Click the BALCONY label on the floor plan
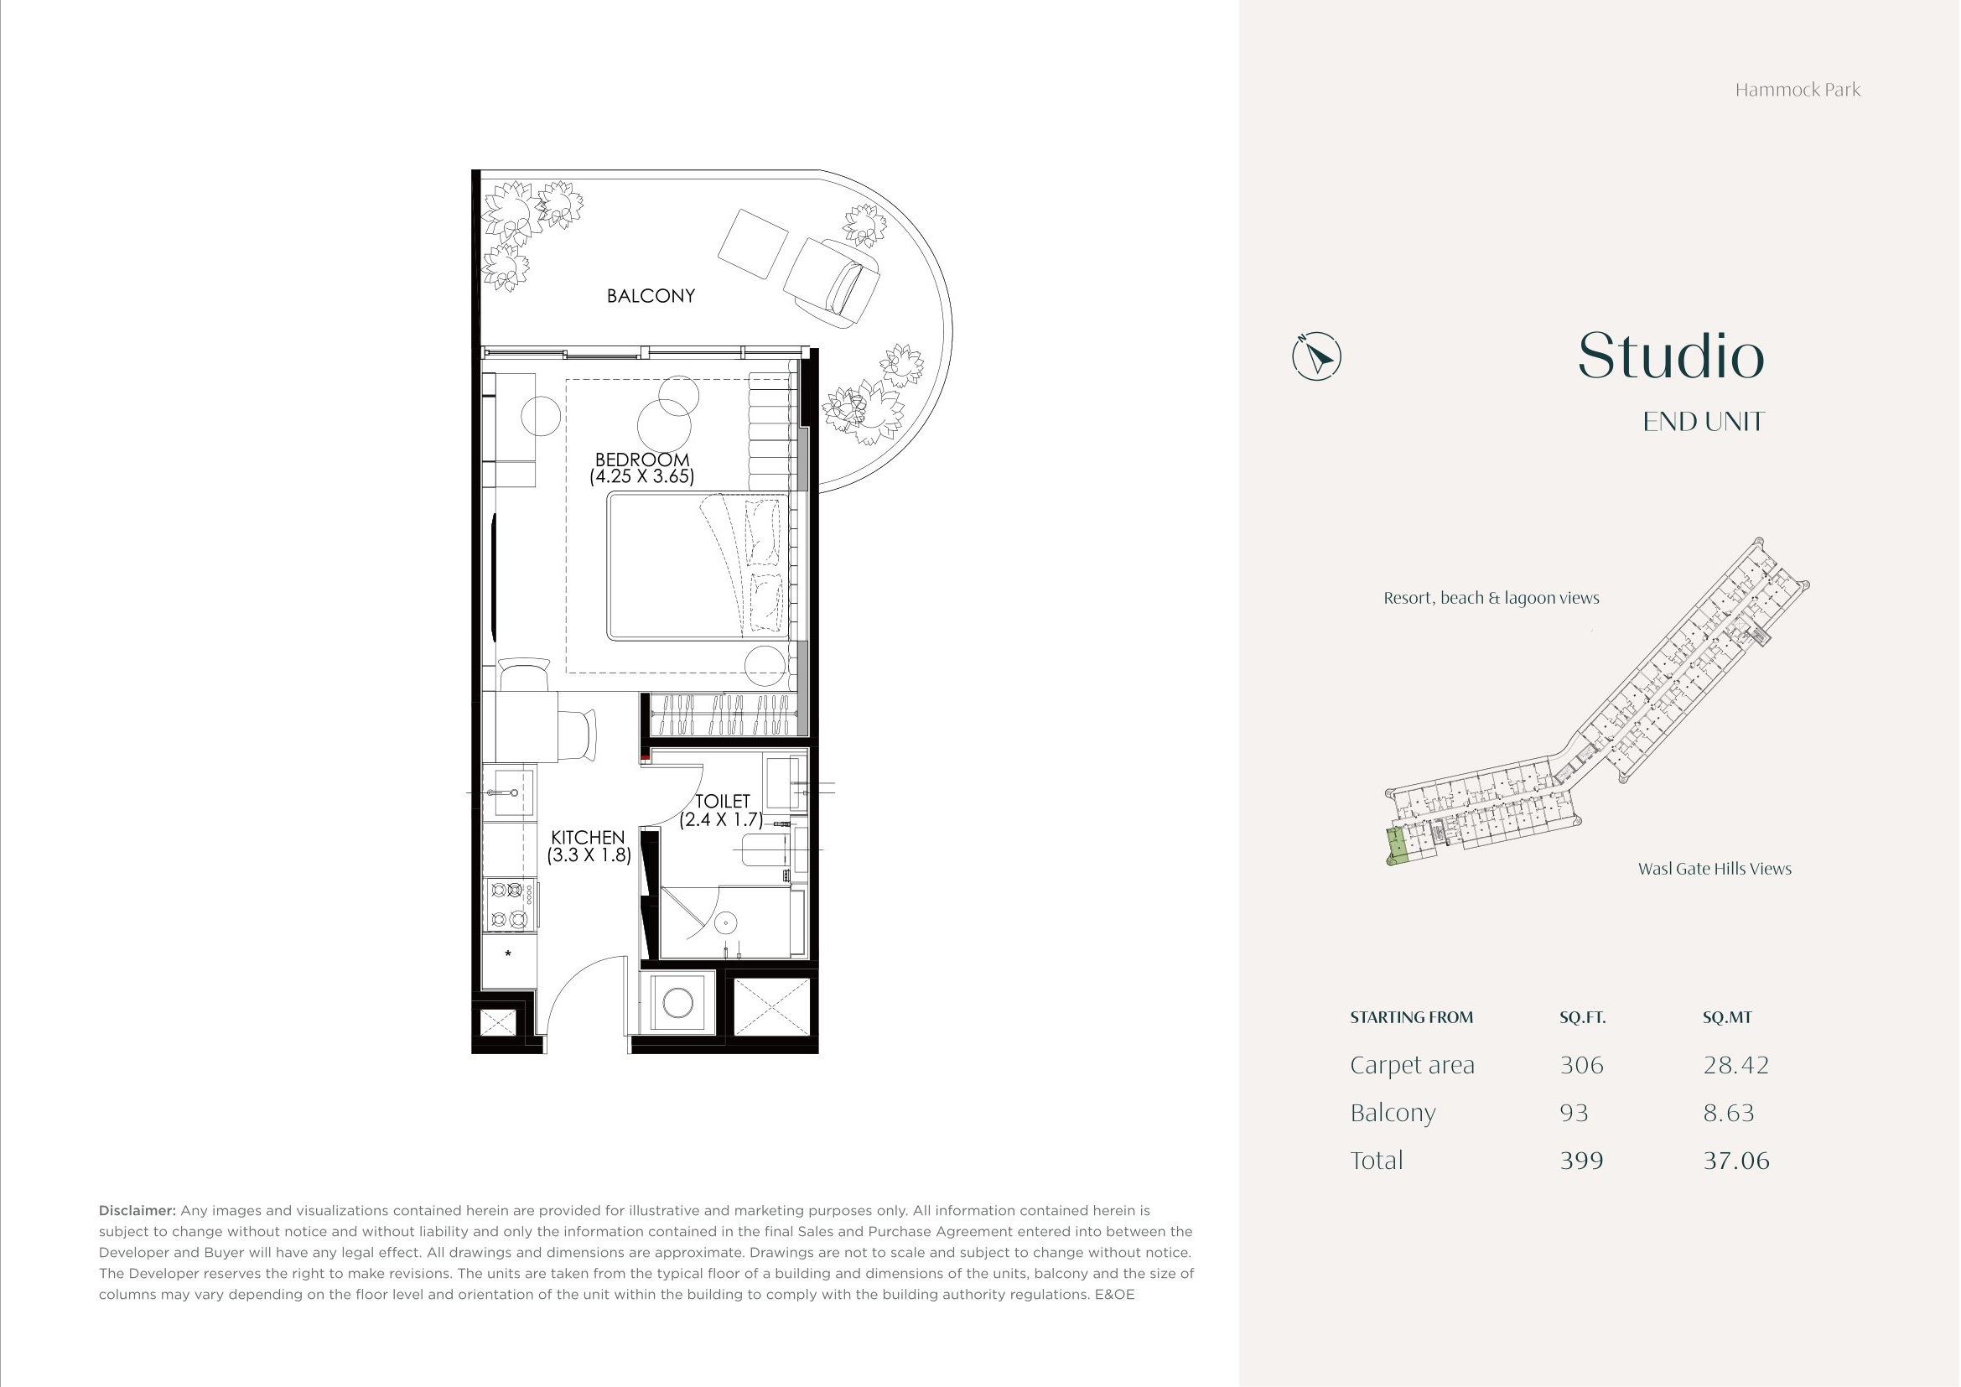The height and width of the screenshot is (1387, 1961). [651, 295]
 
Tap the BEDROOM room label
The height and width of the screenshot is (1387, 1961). [642, 460]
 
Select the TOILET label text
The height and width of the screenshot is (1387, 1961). [723, 801]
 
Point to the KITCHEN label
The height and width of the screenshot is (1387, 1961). [588, 838]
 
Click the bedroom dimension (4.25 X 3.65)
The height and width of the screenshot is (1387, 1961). [642, 476]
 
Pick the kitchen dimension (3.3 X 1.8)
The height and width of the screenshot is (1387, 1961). [589, 855]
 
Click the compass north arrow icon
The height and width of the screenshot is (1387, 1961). [1317, 356]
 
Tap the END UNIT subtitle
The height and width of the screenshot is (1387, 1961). [1704, 422]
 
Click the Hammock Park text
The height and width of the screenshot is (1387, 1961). [1798, 90]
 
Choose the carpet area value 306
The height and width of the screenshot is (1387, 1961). [1582, 1065]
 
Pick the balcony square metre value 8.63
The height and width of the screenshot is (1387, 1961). [1729, 1113]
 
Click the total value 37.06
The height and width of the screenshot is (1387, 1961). [1736, 1161]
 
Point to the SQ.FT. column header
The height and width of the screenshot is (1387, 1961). [1583, 1017]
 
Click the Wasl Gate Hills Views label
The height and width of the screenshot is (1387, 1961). [1715, 869]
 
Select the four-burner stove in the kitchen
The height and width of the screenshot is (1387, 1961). [510, 906]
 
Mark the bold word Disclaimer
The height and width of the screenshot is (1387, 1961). [137, 1210]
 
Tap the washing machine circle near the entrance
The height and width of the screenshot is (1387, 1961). [678, 1003]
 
